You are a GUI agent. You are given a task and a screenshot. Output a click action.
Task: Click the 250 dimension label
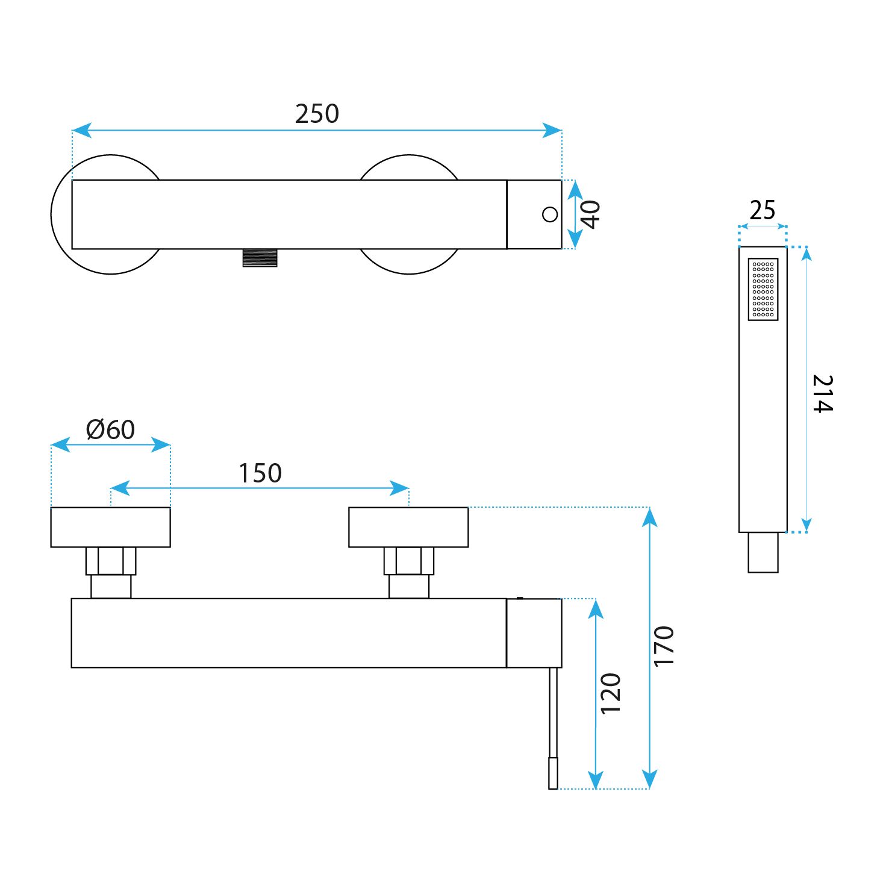coord(317,114)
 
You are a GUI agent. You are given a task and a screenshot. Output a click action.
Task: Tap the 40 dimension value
coord(590,214)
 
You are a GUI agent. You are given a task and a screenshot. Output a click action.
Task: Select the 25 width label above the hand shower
coord(763,210)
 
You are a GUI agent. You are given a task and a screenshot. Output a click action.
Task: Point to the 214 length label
coord(822,393)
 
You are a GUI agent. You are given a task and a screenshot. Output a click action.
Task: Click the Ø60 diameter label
coord(110,429)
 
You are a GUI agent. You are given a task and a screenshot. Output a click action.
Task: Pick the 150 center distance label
coord(260,473)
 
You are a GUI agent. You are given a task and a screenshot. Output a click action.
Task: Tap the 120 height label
coord(610,694)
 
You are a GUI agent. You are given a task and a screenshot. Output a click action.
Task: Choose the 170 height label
coord(664,646)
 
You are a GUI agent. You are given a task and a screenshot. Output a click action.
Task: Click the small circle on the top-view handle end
coord(550,214)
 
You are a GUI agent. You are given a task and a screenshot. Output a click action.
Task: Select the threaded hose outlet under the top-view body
coord(260,258)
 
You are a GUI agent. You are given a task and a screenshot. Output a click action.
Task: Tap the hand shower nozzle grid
coord(763,289)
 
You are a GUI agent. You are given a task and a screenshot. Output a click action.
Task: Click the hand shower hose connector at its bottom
coord(763,552)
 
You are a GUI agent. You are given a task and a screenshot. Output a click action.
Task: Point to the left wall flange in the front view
coord(111,528)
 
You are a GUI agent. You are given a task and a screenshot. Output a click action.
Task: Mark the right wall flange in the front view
coord(408,528)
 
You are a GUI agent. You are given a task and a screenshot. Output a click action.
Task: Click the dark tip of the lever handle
coord(553,773)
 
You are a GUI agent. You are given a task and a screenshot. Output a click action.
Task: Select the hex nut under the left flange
coord(111,561)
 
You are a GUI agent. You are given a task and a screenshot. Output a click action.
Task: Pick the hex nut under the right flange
coord(409,561)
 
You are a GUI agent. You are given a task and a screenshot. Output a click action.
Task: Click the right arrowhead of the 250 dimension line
coord(552,130)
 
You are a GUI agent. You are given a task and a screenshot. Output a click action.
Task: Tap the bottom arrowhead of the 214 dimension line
coord(807,525)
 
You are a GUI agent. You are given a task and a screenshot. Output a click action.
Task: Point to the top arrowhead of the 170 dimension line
coord(649,517)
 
